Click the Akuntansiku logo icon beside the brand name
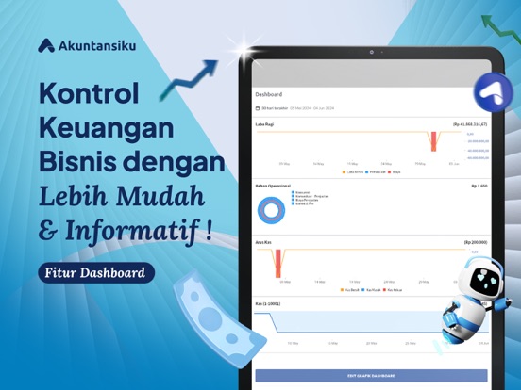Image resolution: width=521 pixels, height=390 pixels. pyautogui.click(x=46, y=45)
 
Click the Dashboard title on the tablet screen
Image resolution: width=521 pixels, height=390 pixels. pyautogui.click(x=269, y=94)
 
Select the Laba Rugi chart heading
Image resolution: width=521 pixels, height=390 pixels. pyautogui.click(x=264, y=123)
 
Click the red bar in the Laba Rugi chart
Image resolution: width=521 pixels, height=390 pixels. pyautogui.click(x=433, y=141)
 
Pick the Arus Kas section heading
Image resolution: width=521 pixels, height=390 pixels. pyautogui.click(x=263, y=242)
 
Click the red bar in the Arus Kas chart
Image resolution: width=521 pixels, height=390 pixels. pyautogui.click(x=281, y=262)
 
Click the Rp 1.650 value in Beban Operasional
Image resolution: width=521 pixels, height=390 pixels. pyautogui.click(x=479, y=186)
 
